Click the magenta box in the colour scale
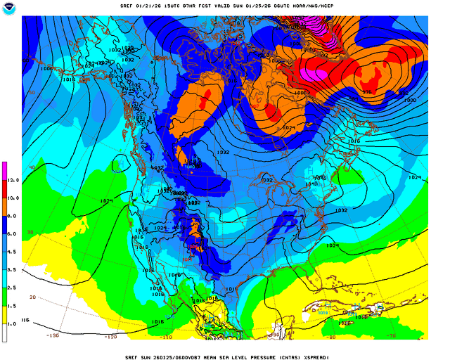click(x=5, y=172)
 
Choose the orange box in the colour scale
click(x=5, y=207)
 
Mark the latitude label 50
click(x=30, y=92)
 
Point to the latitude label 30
click(x=30, y=231)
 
